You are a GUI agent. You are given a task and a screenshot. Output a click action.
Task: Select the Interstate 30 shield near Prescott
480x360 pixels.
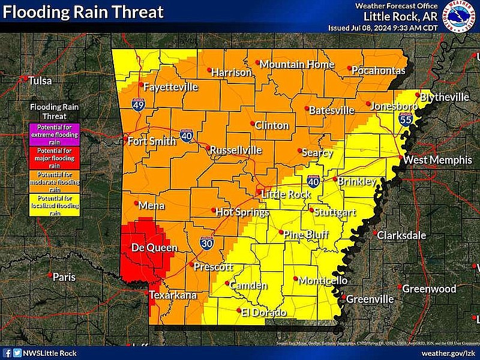tap(206, 244)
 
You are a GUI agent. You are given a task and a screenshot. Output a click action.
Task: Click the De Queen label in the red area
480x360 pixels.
tap(146, 248)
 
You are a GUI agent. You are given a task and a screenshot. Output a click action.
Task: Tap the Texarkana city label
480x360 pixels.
tap(173, 295)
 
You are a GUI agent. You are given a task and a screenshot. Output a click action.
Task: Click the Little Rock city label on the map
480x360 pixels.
tap(285, 194)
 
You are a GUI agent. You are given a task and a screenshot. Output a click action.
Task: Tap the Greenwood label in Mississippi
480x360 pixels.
tap(429, 289)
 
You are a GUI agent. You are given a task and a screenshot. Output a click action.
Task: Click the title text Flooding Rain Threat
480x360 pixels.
tap(83, 11)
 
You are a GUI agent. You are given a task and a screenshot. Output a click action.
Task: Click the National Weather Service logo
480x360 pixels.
tap(461, 16)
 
